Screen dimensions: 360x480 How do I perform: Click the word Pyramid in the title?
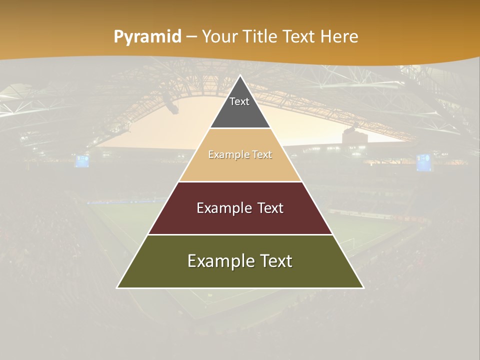(x=147, y=37)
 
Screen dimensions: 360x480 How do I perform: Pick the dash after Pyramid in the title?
(x=191, y=37)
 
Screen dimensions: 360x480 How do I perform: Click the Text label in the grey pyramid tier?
(x=239, y=101)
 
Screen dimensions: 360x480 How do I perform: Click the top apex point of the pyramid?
(x=240, y=75)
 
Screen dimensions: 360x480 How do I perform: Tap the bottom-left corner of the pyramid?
(x=117, y=287)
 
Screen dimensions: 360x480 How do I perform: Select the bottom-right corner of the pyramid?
(x=363, y=287)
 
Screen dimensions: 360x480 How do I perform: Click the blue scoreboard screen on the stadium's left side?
(x=82, y=161)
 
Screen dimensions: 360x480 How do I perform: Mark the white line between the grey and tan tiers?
(x=240, y=128)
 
